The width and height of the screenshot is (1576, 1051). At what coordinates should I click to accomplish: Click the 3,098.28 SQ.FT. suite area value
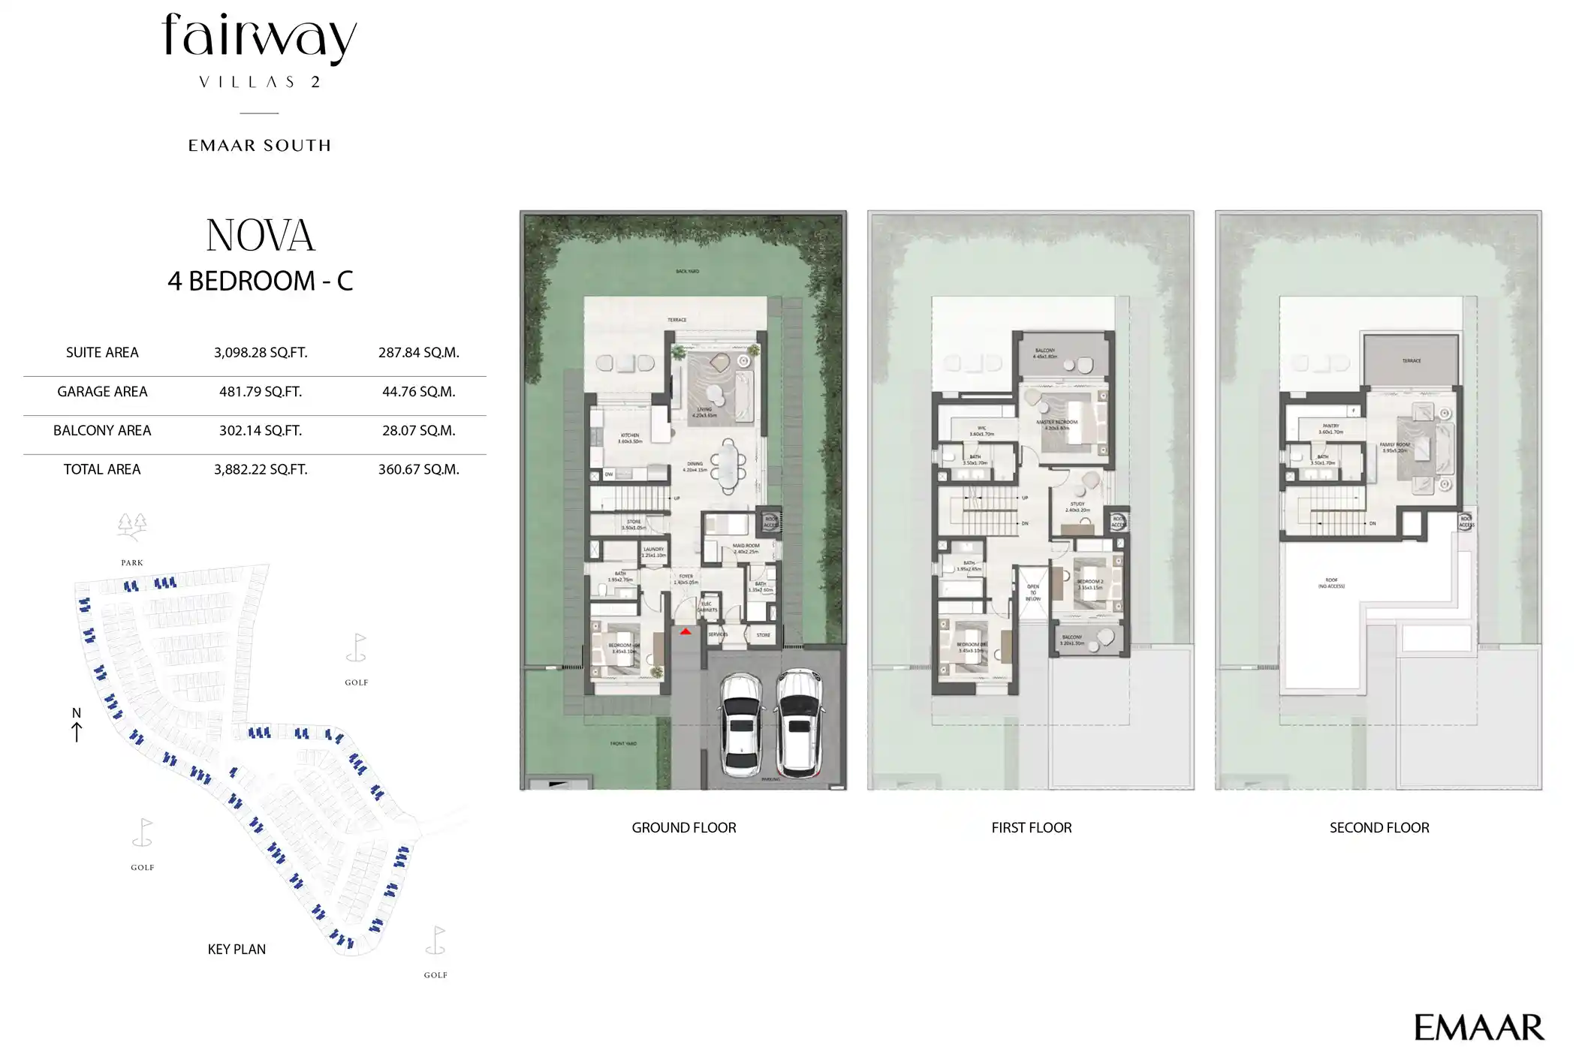(x=261, y=353)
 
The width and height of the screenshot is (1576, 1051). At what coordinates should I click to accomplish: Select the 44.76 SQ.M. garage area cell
(x=418, y=392)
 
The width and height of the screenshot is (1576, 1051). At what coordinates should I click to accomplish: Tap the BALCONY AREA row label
(x=102, y=431)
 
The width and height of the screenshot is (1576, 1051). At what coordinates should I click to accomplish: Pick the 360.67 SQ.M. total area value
(x=418, y=470)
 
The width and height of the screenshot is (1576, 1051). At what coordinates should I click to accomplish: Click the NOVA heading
(x=261, y=236)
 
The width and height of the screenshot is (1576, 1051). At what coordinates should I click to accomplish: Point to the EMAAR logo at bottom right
(x=1478, y=1028)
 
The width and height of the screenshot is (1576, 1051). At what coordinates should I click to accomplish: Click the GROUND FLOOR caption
(x=683, y=828)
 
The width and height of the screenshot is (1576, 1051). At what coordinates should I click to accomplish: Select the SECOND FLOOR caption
(x=1379, y=828)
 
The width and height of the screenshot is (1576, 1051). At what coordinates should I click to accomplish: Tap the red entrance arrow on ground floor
(x=686, y=632)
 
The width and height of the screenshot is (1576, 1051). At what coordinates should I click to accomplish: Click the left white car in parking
(x=741, y=725)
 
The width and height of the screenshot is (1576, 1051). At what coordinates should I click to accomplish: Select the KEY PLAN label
(x=237, y=950)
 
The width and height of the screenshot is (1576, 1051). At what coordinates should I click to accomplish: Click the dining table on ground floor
(x=728, y=466)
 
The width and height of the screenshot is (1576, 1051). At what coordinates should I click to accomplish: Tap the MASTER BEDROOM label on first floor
(x=1056, y=423)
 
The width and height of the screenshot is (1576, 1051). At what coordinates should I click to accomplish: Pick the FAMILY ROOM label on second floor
(x=1394, y=445)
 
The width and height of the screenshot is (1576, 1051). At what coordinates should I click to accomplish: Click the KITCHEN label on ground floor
(x=630, y=436)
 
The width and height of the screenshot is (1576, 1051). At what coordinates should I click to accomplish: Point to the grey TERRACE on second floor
(x=1411, y=360)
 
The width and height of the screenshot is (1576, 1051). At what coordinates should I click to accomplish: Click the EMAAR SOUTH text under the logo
(x=259, y=146)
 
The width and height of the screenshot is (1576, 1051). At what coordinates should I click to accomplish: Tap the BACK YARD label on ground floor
(x=687, y=271)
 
